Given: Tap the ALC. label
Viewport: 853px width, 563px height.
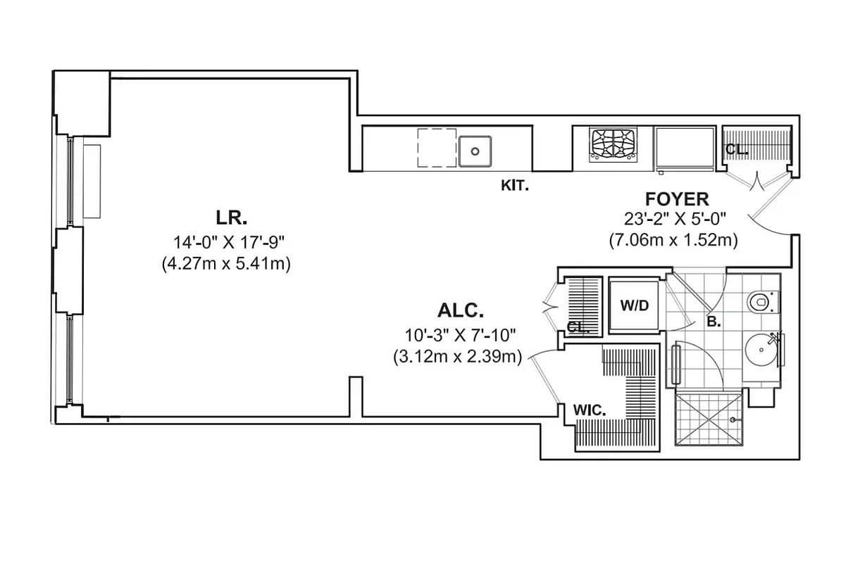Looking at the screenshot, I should coord(461,310).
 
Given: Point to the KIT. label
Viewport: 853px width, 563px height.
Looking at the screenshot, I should coord(514,186).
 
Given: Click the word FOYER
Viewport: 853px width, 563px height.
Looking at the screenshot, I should coord(676,199).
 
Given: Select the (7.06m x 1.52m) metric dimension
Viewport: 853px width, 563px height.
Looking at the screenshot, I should coord(673,240).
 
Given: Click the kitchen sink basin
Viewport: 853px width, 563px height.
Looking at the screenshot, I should coord(475,150).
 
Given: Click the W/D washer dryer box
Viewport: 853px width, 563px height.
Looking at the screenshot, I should coord(634,306).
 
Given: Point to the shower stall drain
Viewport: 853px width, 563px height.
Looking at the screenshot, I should coord(733,420).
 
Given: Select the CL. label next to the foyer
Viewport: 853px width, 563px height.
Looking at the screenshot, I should coord(737,150).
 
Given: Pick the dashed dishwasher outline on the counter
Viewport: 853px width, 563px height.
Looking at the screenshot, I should coord(437,147).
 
